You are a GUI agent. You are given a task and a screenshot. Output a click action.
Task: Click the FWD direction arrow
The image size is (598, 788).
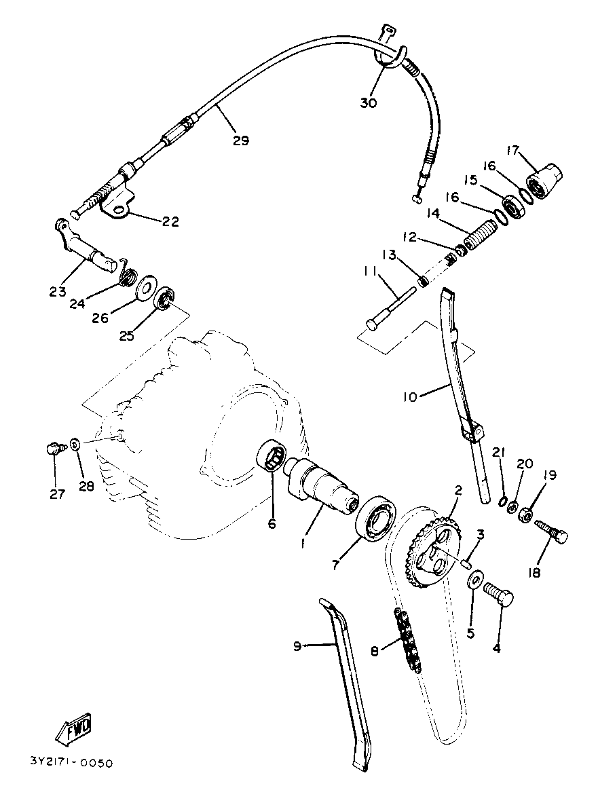[x=73, y=729]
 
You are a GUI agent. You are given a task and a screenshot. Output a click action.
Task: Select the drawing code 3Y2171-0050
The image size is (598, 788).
[x=71, y=762]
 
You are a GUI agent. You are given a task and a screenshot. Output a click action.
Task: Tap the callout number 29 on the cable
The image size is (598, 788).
[x=240, y=141]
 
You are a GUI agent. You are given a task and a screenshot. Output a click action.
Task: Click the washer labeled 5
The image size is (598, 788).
[x=476, y=580]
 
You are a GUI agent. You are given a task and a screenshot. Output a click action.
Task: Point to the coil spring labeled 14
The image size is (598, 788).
[x=482, y=238]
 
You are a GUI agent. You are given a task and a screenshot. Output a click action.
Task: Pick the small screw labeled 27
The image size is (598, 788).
[x=54, y=448]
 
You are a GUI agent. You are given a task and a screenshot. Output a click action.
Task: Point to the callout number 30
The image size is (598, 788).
[x=369, y=103]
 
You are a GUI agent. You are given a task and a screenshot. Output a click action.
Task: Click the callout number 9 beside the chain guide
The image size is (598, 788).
[x=297, y=646]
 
